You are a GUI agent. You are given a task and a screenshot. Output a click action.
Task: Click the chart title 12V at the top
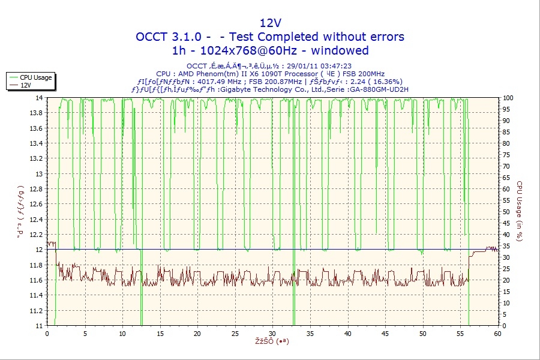tap(270, 23)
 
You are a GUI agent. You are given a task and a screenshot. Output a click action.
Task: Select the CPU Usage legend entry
tap(35, 77)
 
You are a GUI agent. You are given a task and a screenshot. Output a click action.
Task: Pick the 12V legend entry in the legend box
tap(25, 85)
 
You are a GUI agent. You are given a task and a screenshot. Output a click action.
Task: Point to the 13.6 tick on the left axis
tap(35, 128)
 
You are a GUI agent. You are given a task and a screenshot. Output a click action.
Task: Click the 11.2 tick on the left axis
tap(35, 311)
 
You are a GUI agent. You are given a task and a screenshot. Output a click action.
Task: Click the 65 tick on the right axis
tap(508, 178)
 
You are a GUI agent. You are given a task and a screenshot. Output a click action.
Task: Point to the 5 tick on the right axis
tap(506, 314)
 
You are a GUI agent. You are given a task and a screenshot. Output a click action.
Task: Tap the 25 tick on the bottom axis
tap(235, 334)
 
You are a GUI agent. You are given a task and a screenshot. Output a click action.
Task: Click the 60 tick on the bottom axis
tap(497, 334)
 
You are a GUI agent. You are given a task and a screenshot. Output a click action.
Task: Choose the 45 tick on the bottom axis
tap(385, 334)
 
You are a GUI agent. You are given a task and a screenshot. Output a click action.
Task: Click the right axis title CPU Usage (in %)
tap(520, 211)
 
